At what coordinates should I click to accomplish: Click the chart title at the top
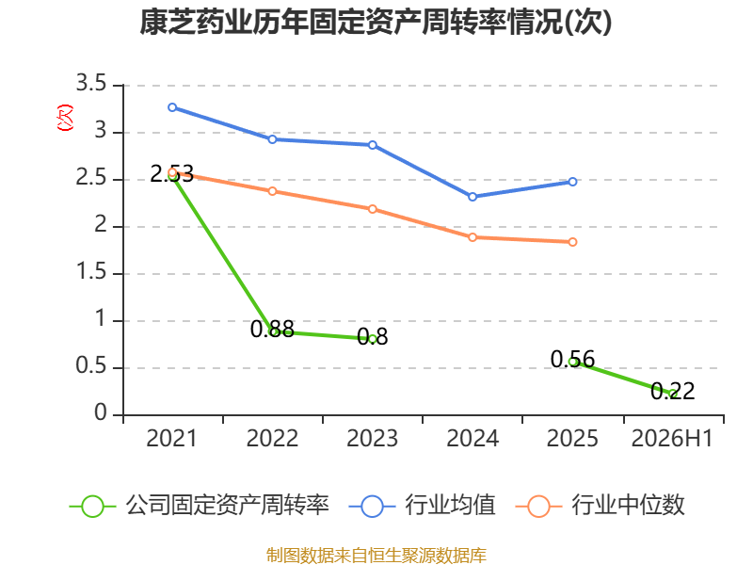pos(376,22)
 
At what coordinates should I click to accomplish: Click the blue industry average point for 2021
pos(172,107)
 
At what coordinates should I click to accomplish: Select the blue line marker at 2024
pos(473,197)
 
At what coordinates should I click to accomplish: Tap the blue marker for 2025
pos(572,182)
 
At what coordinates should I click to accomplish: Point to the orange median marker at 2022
pos(272,191)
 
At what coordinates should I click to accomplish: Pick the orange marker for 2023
pos(373,209)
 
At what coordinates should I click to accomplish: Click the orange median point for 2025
pos(572,242)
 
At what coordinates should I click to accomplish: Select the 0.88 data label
pos(272,329)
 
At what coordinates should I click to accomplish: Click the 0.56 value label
pos(572,360)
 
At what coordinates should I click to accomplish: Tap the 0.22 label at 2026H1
pos(672,391)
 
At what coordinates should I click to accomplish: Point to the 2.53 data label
pos(172,174)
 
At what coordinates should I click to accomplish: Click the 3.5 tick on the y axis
pos(91,83)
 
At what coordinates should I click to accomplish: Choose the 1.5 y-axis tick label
pos(91,272)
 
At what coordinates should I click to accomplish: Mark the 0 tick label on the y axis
pos(101,412)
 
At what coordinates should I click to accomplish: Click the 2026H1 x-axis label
pos(672,438)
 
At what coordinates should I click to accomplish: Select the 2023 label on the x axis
pos(373,438)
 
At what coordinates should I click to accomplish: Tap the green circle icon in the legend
pos(92,507)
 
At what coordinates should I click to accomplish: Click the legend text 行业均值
pos(450,506)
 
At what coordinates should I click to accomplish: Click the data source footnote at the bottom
pos(376,556)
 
